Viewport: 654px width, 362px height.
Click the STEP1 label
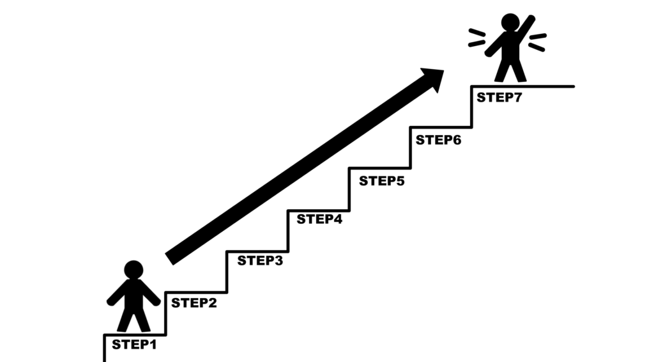134,345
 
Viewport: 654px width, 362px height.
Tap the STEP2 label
194,303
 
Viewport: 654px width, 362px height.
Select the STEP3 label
260,260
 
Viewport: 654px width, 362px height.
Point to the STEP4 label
319,219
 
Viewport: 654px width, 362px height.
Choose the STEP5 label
382,181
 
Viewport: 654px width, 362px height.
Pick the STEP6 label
438,140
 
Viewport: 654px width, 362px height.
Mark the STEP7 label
499,97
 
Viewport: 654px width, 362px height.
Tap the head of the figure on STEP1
133,270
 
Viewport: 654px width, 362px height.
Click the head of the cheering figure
510,22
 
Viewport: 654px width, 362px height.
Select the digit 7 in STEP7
517,97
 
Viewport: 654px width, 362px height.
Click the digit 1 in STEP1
153,345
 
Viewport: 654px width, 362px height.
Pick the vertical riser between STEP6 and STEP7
472,106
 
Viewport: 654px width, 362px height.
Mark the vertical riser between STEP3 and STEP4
288,231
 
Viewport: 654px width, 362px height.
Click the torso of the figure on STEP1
133,294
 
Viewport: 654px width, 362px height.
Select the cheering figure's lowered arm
495,45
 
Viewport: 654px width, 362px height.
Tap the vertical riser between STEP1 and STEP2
165,313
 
